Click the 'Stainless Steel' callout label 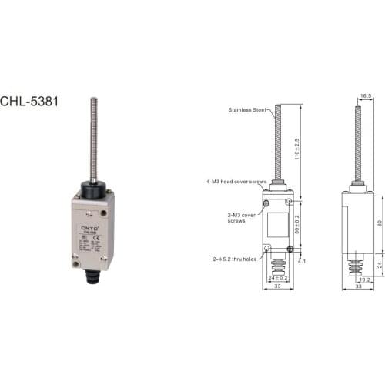246,110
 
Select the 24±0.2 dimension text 276,276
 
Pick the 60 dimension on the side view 379,223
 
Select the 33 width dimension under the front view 276,288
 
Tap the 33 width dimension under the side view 357,288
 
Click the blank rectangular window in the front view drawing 277,224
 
